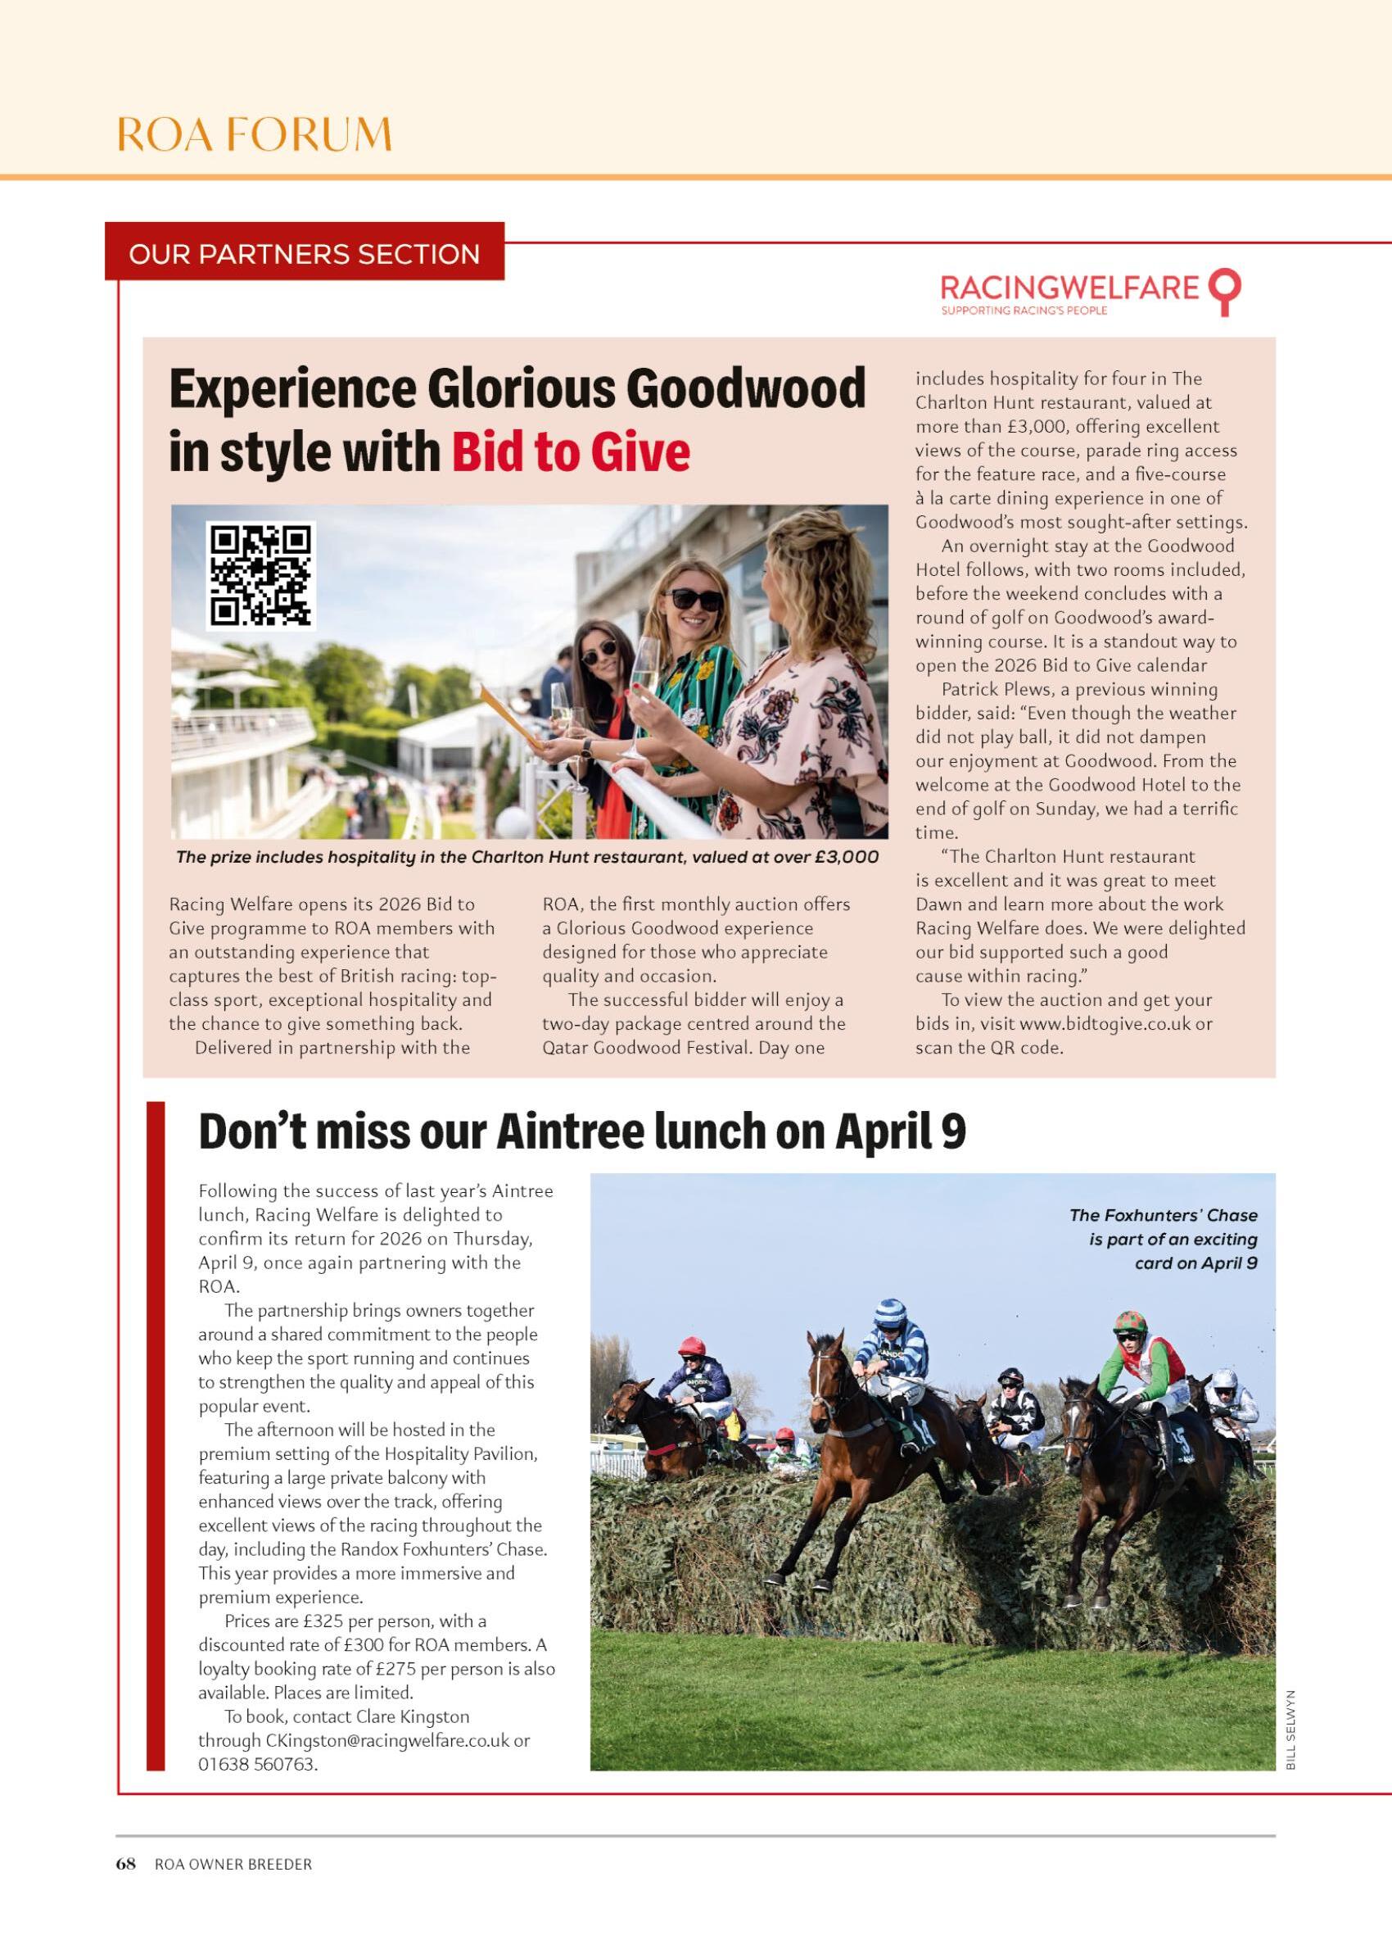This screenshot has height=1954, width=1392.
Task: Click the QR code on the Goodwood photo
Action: coord(260,574)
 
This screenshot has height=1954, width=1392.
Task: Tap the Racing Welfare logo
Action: coord(1088,292)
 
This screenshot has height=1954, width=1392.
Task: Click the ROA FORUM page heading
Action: coord(254,134)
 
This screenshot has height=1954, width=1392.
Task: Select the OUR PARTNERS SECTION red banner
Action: coord(305,254)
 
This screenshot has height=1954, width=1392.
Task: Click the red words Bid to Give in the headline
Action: coord(570,452)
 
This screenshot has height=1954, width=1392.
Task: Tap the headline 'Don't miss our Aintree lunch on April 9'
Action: coord(582,1131)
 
